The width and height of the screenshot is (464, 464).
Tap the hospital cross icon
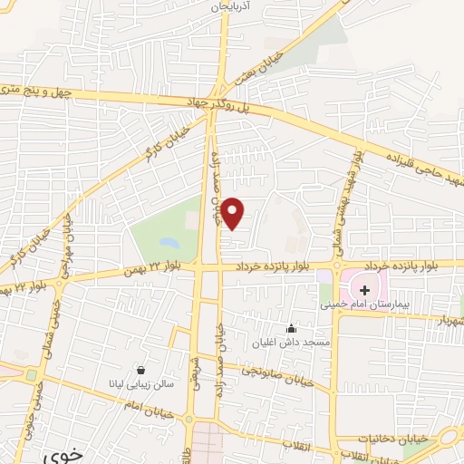365,290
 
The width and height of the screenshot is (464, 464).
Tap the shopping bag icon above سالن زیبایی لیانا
142,370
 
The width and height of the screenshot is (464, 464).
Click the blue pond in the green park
169,243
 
